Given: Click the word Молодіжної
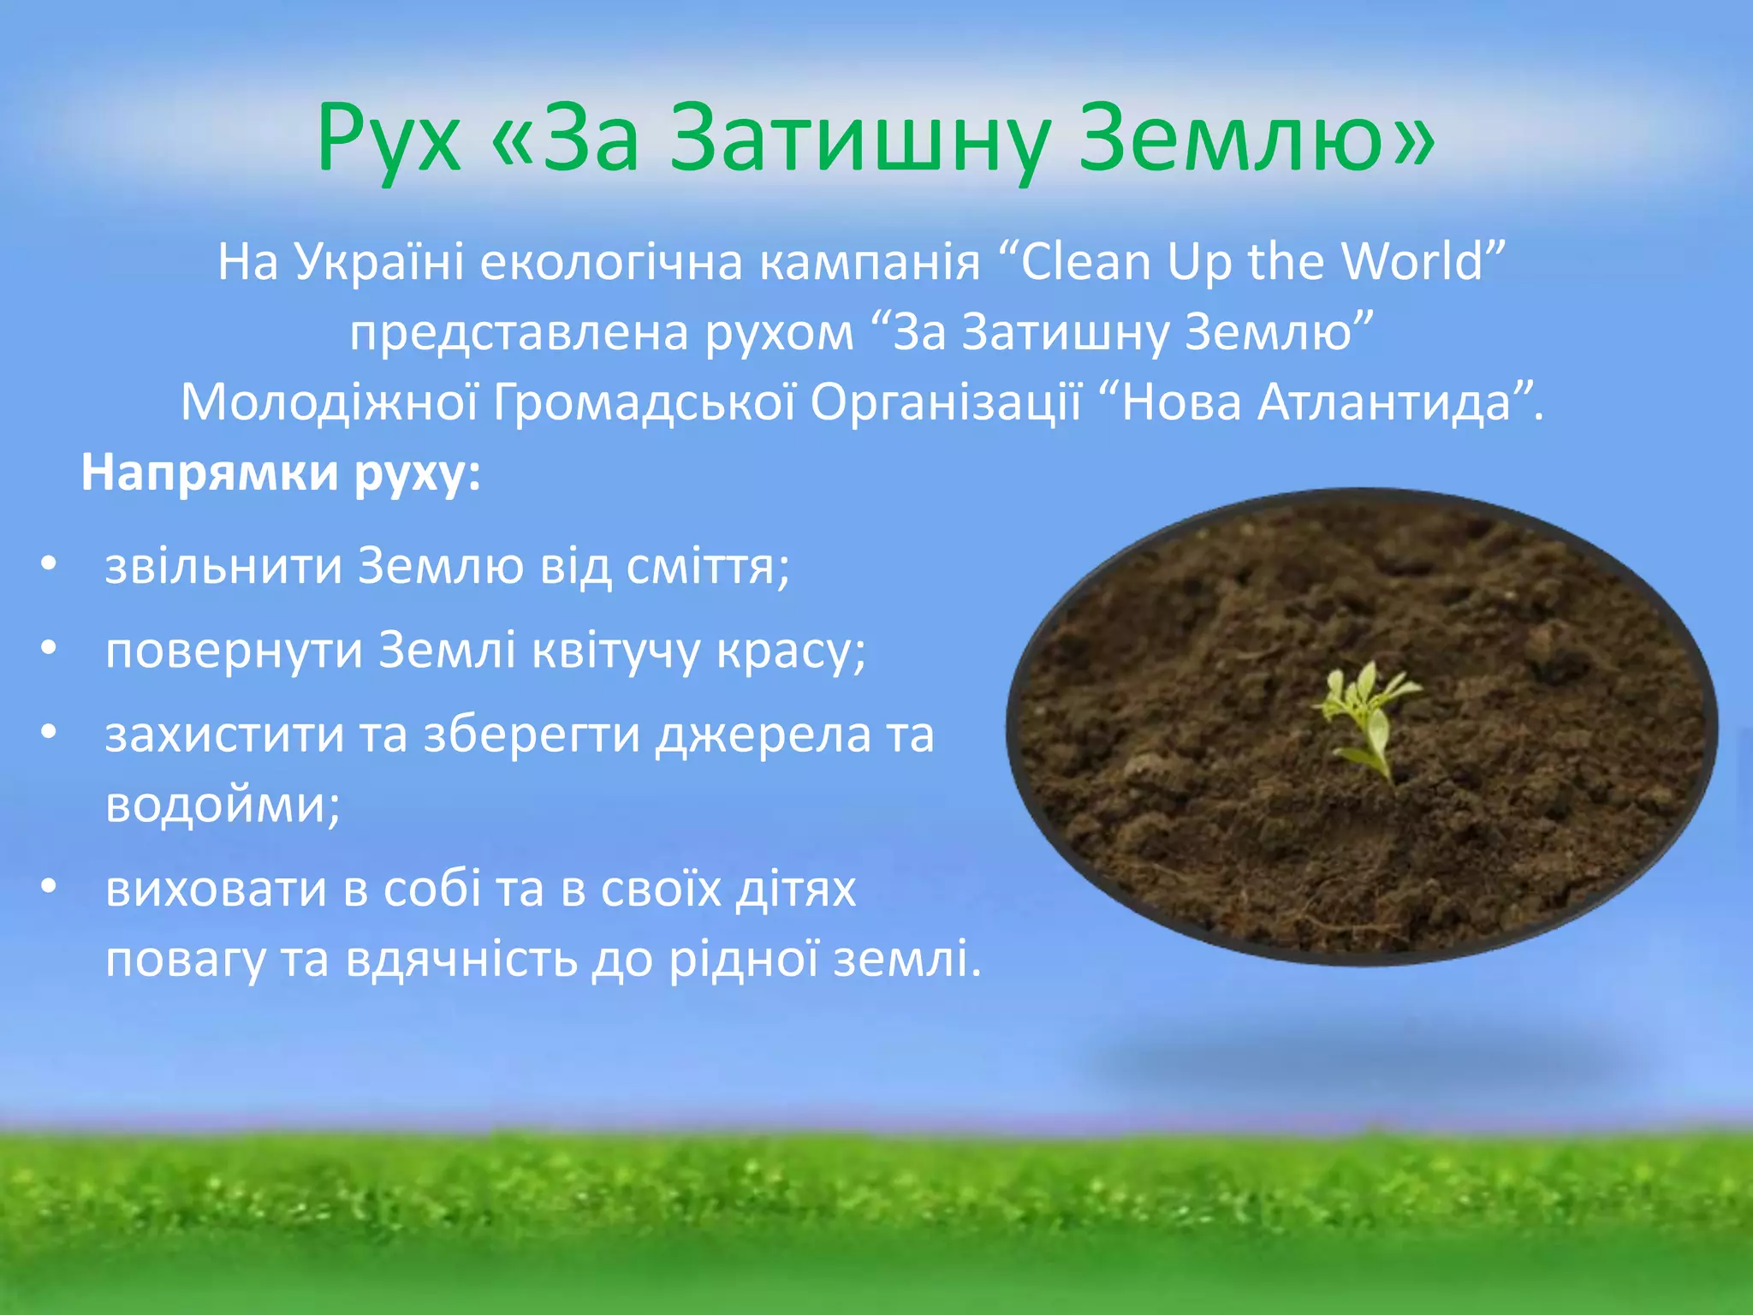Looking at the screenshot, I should (x=329, y=403).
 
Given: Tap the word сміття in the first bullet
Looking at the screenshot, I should (x=702, y=567).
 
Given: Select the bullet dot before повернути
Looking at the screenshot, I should (x=49, y=648).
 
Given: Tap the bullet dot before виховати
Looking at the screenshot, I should (x=49, y=887).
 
